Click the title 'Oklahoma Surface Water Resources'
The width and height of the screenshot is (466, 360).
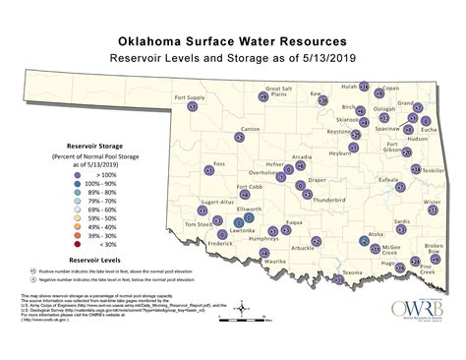232,42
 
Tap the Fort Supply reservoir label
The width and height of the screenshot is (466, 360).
190,97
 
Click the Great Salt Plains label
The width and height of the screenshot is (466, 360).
281,93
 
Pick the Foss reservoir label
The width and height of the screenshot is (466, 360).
219,163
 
